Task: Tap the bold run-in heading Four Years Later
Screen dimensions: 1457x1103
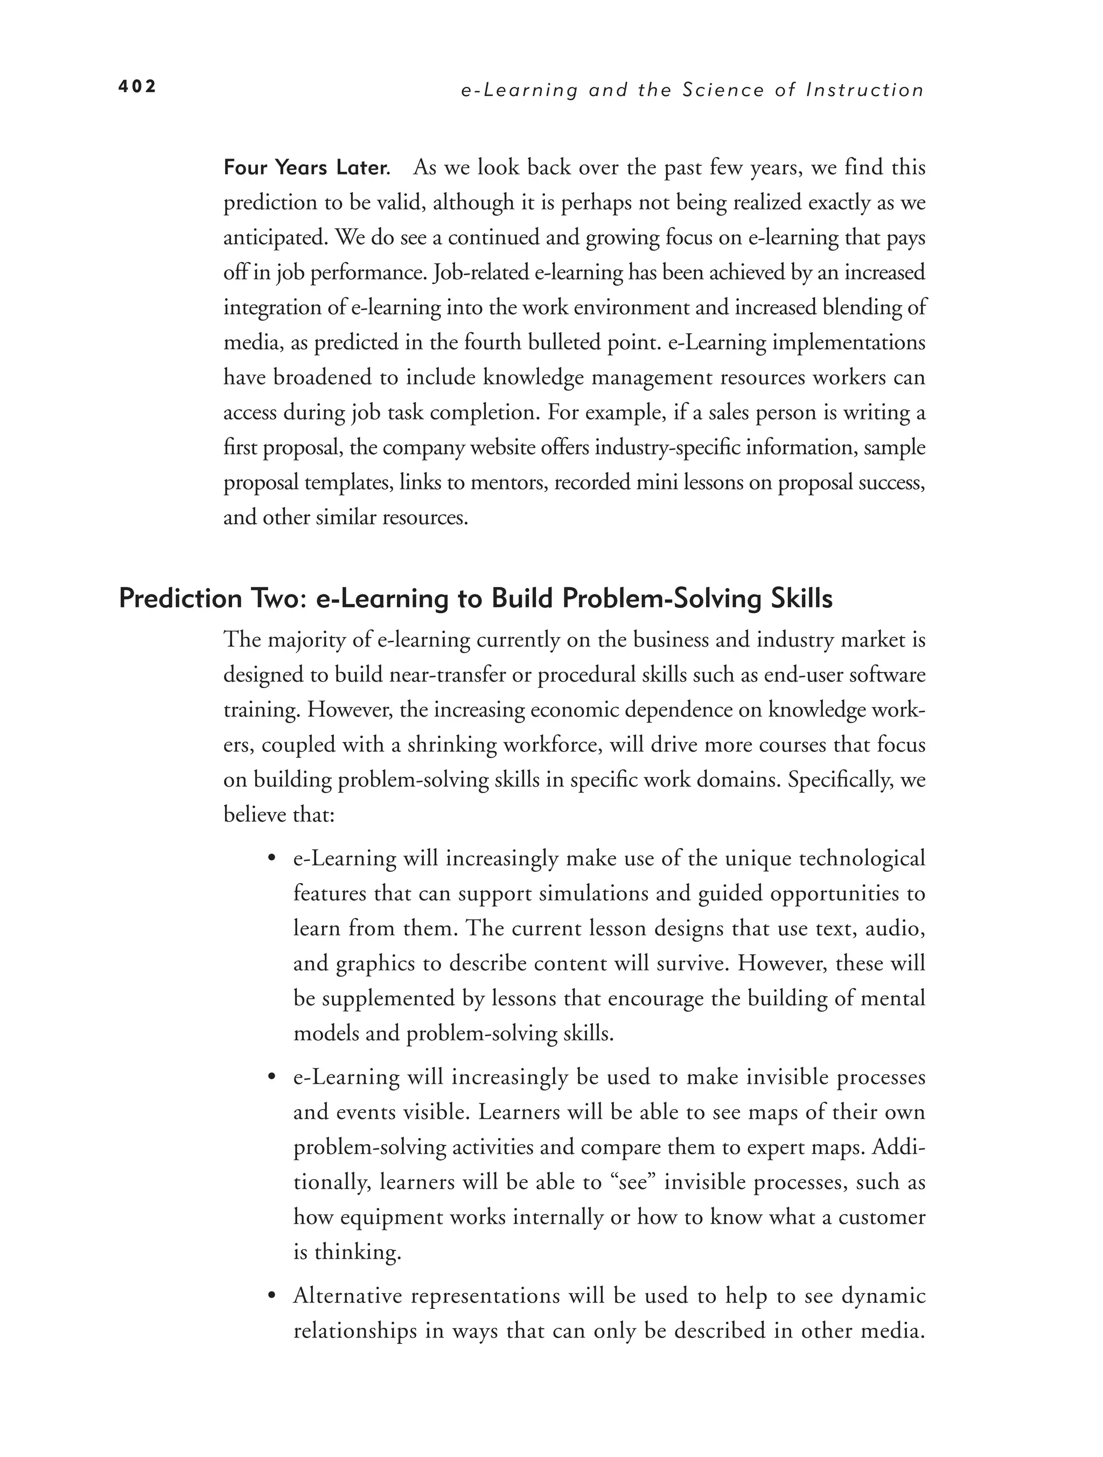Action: (306, 168)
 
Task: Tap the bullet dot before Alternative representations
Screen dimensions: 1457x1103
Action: (271, 1297)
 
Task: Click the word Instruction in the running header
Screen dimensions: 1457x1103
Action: (865, 90)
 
